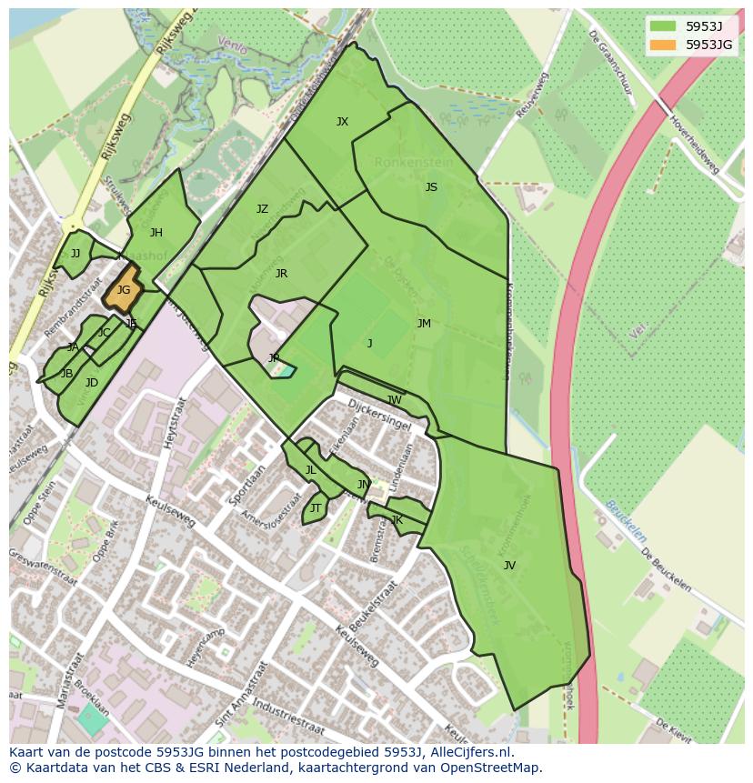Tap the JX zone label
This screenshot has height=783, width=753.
(x=342, y=122)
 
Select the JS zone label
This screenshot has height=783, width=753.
(x=431, y=187)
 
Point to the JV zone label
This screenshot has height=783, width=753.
(x=509, y=566)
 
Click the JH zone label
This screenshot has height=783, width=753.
(x=156, y=233)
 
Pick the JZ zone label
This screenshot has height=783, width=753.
(x=262, y=209)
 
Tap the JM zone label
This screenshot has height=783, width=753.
(x=424, y=324)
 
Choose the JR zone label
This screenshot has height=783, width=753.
(x=281, y=274)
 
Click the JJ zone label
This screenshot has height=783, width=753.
(x=75, y=254)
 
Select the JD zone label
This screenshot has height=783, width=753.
(x=92, y=383)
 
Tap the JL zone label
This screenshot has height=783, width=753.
(x=310, y=470)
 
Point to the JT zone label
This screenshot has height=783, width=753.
(x=316, y=508)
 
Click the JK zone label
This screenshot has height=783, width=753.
(x=397, y=520)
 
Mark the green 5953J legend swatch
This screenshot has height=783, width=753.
(x=663, y=26)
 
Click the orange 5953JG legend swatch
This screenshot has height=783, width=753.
(x=663, y=45)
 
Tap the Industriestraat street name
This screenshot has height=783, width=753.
(x=287, y=718)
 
